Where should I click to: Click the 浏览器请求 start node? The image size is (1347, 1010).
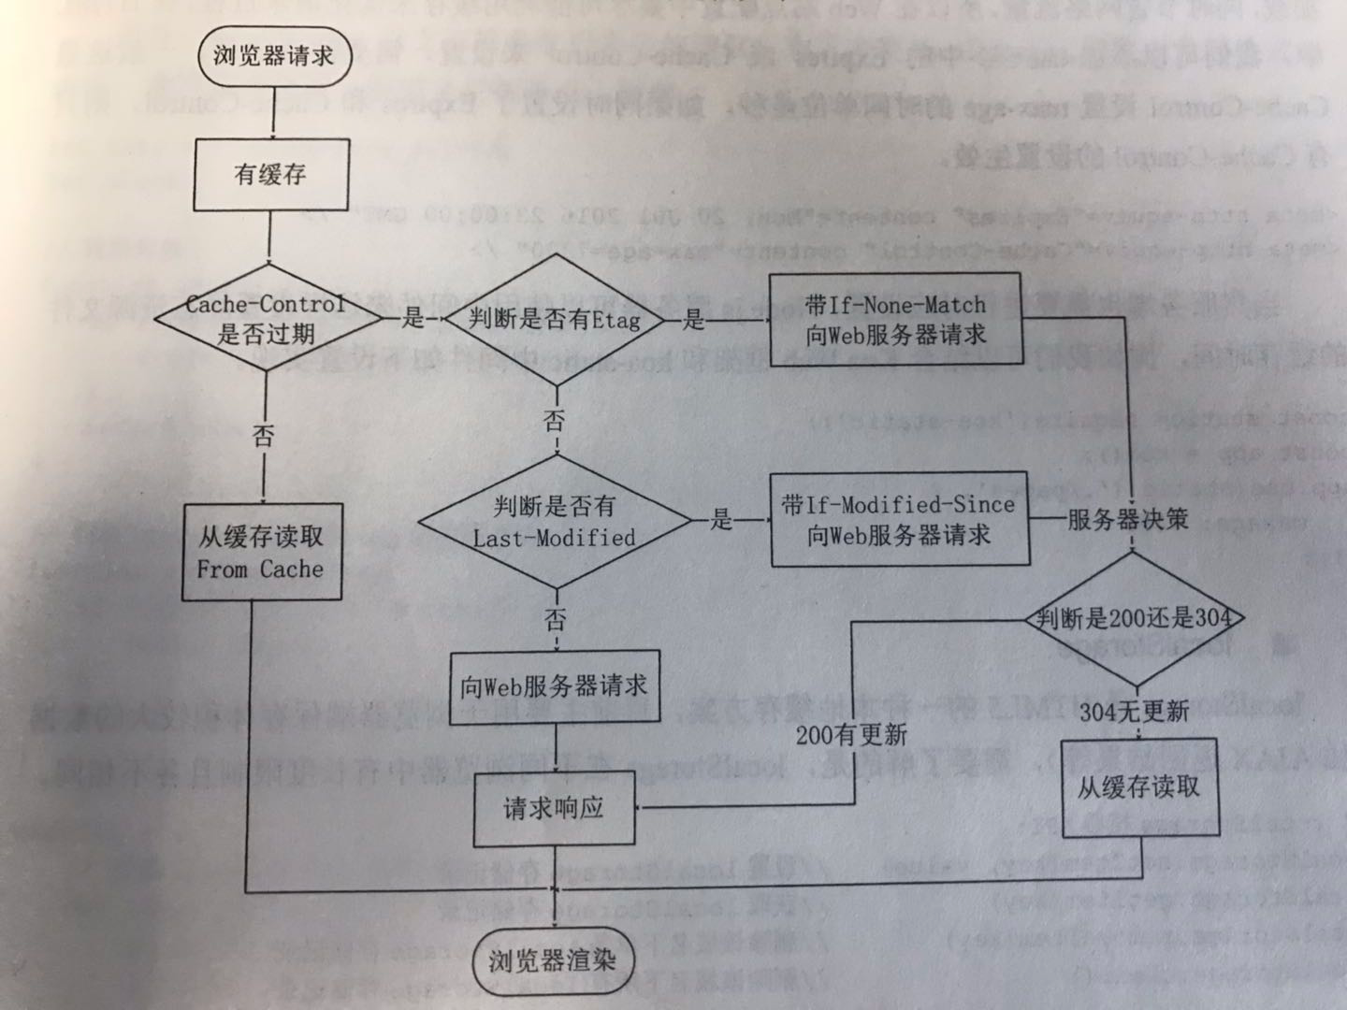click(273, 55)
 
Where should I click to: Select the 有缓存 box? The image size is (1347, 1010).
click(271, 175)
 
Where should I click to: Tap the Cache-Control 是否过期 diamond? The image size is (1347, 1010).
click(267, 319)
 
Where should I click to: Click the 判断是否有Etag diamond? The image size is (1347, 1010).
click(555, 320)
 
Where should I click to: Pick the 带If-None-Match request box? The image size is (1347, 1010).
click(894, 320)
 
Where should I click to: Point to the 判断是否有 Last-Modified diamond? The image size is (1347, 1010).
click(554, 522)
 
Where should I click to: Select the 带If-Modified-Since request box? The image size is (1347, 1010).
click(899, 520)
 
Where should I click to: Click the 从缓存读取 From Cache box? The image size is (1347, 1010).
click(261, 552)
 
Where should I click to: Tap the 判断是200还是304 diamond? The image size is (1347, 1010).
click(1134, 618)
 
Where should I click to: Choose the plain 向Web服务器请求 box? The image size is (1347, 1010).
click(554, 687)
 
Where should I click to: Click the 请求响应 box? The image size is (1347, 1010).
click(554, 808)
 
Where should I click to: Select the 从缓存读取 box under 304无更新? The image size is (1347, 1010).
click(1138, 787)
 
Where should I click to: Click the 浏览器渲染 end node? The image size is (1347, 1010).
click(552, 960)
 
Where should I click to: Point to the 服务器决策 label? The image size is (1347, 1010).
click(1127, 519)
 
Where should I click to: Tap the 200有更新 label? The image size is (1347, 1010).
click(851, 735)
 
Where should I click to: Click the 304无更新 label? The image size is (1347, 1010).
click(1134, 712)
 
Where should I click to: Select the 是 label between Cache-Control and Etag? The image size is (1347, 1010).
click(413, 319)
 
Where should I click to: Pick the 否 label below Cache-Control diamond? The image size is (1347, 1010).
click(264, 436)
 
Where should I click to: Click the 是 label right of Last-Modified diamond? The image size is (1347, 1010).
click(720, 520)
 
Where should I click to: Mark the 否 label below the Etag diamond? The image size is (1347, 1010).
click(555, 422)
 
